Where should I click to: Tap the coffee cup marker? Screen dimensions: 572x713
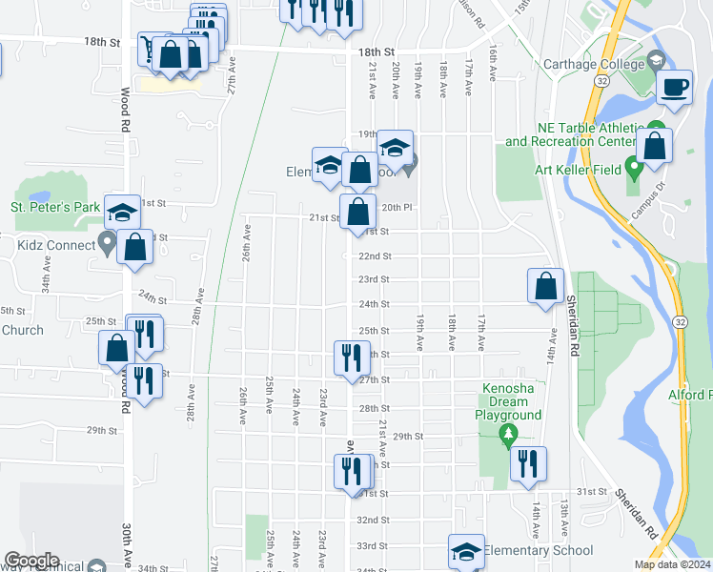(675, 88)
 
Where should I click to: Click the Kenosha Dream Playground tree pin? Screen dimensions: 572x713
(508, 436)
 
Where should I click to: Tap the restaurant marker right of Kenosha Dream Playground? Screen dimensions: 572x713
(528, 464)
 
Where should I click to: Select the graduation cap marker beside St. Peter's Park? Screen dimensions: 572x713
(121, 213)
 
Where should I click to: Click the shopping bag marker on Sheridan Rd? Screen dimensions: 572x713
(544, 286)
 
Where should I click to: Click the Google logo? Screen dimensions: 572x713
(31, 561)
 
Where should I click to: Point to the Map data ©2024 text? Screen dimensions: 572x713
(672, 564)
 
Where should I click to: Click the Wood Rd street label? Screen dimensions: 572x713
(124, 112)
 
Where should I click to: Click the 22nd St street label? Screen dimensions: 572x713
(374, 256)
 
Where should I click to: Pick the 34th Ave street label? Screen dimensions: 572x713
(44, 277)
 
